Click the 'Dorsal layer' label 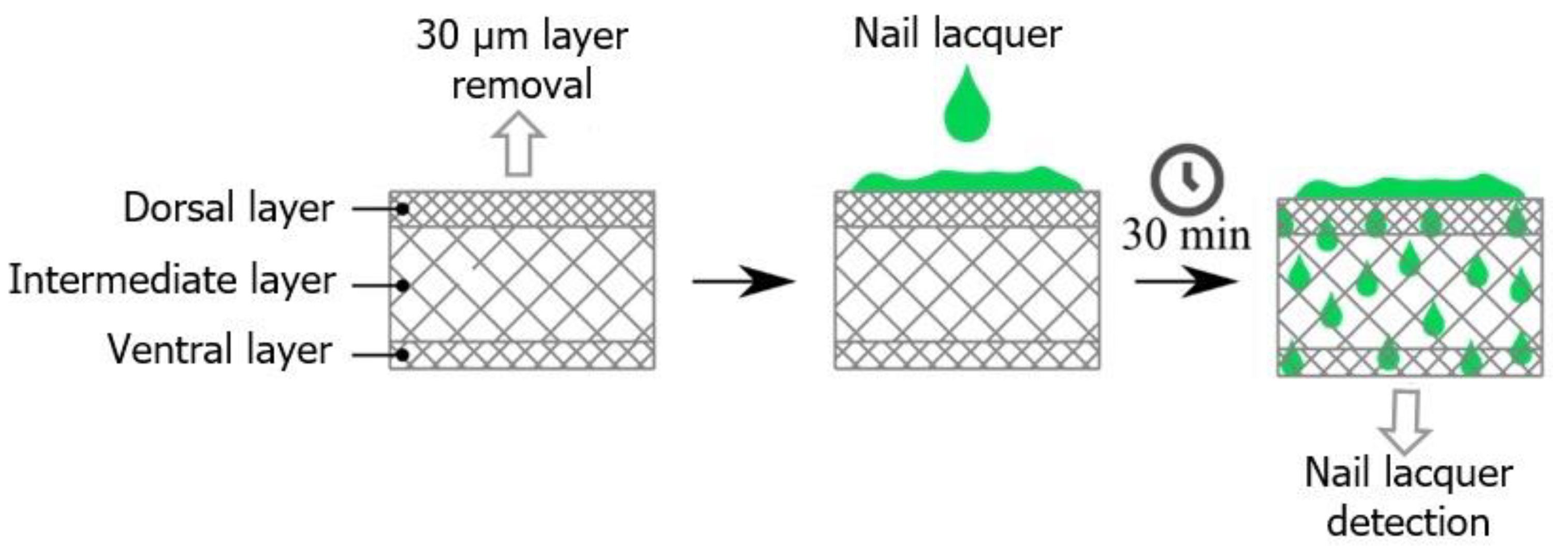[228, 209]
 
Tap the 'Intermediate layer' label [172, 281]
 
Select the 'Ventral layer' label [220, 349]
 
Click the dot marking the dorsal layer [403, 209]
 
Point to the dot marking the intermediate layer [403, 285]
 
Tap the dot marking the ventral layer [403, 355]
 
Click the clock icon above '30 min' [1186, 179]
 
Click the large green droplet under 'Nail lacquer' [966, 106]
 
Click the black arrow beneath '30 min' [1186, 281]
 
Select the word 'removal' [522, 85]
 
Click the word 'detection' [1408, 522]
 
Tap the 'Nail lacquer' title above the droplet [957, 34]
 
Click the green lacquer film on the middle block [966, 180]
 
